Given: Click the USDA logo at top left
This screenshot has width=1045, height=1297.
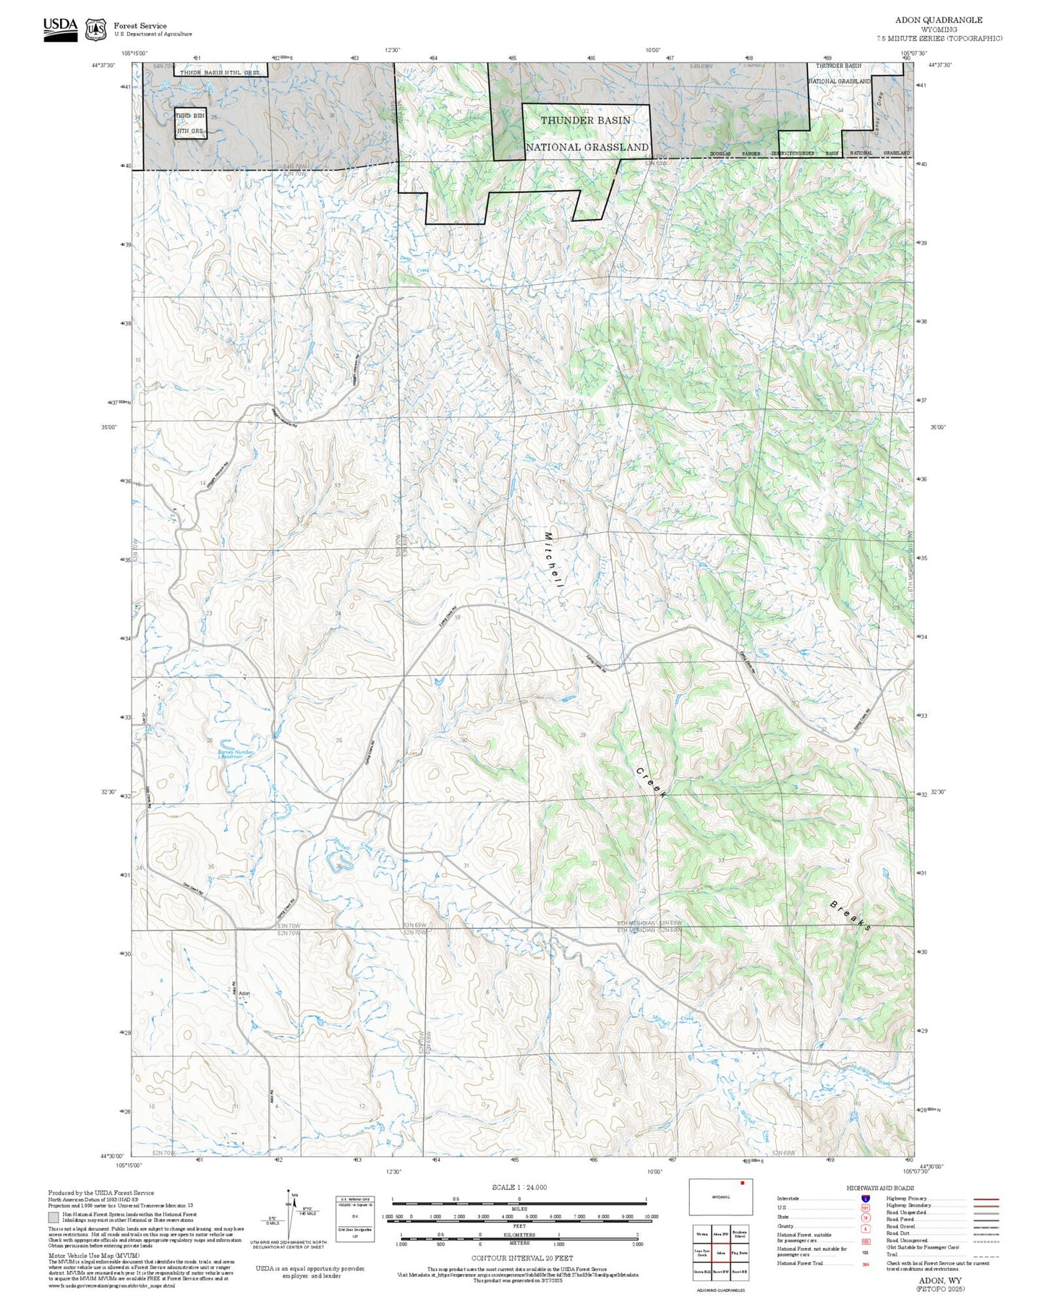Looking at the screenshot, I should pos(60,29).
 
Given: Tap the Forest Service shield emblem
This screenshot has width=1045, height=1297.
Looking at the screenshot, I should pos(95,30).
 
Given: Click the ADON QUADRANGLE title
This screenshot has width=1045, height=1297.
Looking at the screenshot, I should pos(939,20).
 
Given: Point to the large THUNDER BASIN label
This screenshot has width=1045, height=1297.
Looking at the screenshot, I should pos(586,120).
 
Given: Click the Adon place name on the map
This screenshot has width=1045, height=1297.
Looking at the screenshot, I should pos(244,993).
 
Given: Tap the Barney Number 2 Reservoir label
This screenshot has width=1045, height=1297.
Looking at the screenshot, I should pos(236,754).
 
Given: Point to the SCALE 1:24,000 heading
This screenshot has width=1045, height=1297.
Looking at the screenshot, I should pos(519,1187).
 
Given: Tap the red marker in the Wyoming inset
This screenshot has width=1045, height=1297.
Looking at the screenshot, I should pos(741,1183).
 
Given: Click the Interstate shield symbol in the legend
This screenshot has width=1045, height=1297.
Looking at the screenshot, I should pos(865,1198).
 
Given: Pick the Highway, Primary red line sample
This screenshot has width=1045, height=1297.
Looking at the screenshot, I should pos(986,1199).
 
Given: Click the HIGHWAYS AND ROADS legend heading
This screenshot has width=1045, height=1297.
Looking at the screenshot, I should pos(880,1188).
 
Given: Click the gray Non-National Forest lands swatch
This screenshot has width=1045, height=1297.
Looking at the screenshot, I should pos(54,1217).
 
